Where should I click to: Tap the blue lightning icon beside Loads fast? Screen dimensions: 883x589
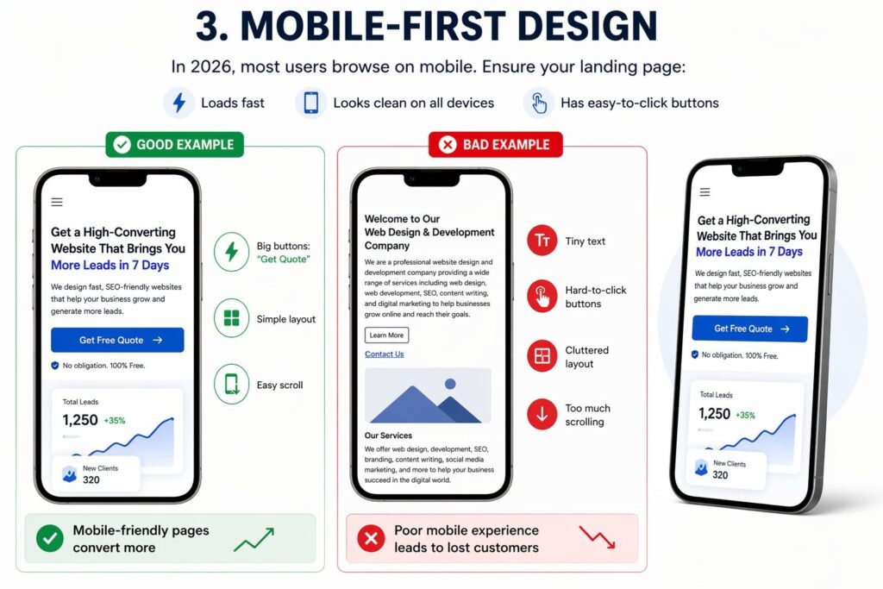[x=179, y=103]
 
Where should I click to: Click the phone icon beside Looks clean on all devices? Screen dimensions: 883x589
[x=310, y=103]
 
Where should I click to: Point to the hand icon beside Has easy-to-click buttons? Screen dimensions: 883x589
[x=539, y=103]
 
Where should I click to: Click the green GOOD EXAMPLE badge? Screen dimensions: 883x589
[x=174, y=145]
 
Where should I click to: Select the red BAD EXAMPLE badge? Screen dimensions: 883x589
[x=496, y=145]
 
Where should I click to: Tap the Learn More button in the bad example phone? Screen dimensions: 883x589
[x=387, y=335]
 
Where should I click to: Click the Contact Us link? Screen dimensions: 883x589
[x=384, y=354]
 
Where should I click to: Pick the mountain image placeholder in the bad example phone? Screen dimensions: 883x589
[x=428, y=395]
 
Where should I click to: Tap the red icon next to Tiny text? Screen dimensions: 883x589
[x=542, y=241]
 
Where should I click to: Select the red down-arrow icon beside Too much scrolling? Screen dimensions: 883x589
[x=542, y=415]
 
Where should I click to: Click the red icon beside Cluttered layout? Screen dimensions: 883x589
[x=542, y=356]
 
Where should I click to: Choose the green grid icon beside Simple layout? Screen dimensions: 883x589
[x=231, y=318]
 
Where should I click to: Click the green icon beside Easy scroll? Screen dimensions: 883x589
[x=231, y=384]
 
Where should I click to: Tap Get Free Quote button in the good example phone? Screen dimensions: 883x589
[x=117, y=340]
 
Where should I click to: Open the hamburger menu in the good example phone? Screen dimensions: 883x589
[x=57, y=202]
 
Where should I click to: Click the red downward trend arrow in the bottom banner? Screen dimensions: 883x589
[x=598, y=537]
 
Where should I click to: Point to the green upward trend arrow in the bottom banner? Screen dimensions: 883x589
[x=254, y=539]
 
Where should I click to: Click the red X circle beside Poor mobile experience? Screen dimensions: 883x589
[x=371, y=538]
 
